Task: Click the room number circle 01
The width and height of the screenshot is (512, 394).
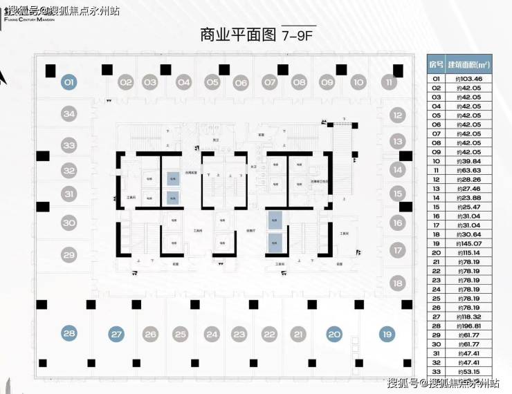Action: [x=69, y=82]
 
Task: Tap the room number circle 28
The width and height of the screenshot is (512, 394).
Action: [x=69, y=335]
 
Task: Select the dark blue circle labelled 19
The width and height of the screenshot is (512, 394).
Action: [x=386, y=335]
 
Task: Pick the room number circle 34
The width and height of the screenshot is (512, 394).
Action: [x=68, y=114]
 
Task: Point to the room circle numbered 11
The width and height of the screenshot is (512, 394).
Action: [x=390, y=82]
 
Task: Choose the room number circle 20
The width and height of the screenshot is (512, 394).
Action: [x=335, y=335]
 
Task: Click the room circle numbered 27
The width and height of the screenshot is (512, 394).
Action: [x=117, y=335]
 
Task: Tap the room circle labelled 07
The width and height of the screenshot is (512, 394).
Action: [x=269, y=82]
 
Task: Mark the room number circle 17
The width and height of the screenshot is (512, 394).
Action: [x=397, y=250]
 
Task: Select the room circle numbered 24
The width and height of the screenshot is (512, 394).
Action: [x=212, y=335]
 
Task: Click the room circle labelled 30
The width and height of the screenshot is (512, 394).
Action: [x=68, y=223]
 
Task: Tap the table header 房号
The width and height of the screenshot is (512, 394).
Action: [x=436, y=64]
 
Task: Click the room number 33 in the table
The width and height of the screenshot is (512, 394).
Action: [x=436, y=372]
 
